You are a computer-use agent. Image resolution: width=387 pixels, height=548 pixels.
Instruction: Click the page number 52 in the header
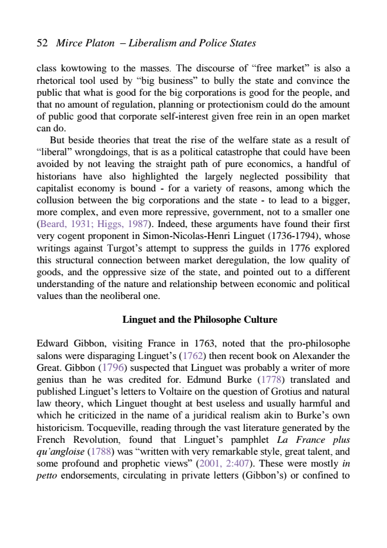click(42, 43)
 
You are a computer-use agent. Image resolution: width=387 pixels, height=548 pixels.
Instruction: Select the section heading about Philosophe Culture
click(199, 320)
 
